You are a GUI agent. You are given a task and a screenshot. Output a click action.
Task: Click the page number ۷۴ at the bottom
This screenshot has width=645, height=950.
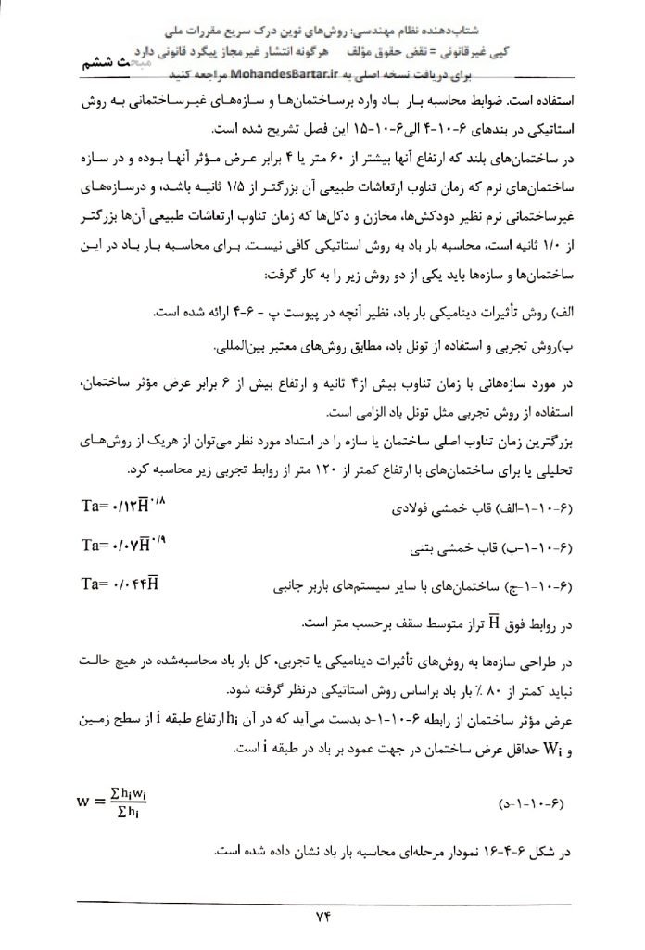pos(322,918)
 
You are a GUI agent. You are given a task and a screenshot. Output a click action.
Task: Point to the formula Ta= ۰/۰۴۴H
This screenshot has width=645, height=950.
pos(120,584)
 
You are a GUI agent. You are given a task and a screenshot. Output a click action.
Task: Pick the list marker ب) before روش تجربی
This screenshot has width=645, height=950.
pos(569,349)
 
